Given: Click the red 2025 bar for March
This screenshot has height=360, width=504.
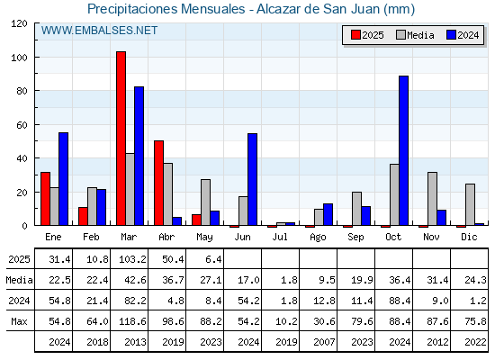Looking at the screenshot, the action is pyautogui.click(x=121, y=139).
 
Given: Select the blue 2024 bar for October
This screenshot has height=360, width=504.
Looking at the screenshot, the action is pyautogui.click(x=404, y=150).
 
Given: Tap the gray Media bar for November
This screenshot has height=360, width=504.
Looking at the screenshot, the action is pyautogui.click(x=432, y=199).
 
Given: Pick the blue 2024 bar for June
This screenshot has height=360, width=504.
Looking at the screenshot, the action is pyautogui.click(x=252, y=179).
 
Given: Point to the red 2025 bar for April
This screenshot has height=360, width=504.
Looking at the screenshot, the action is pyautogui.click(x=158, y=183).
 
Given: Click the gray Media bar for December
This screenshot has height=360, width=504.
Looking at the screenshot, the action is pyautogui.click(x=470, y=204).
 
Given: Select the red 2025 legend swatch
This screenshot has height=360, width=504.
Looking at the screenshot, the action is pyautogui.click(x=355, y=35).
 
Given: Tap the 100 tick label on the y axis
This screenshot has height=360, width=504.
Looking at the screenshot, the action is pyautogui.click(x=21, y=58).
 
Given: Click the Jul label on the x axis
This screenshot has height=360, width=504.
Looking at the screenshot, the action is pyautogui.click(x=280, y=237).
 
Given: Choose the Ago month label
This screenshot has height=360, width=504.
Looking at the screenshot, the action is pyautogui.click(x=318, y=238).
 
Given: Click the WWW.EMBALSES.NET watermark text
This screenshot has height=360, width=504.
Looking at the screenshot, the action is pyautogui.click(x=99, y=31).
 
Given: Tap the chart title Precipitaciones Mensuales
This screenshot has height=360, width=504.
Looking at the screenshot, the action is pyautogui.click(x=166, y=9).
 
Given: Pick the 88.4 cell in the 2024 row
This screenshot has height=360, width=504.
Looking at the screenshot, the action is pyautogui.click(x=400, y=301).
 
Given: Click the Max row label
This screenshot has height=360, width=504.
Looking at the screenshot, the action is pyautogui.click(x=19, y=321).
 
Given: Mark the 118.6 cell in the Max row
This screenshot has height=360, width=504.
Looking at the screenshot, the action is pyautogui.click(x=132, y=321).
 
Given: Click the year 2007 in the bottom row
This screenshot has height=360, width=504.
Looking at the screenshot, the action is pyautogui.click(x=324, y=342).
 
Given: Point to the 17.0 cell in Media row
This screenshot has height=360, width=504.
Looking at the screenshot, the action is pyautogui.click(x=248, y=280).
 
